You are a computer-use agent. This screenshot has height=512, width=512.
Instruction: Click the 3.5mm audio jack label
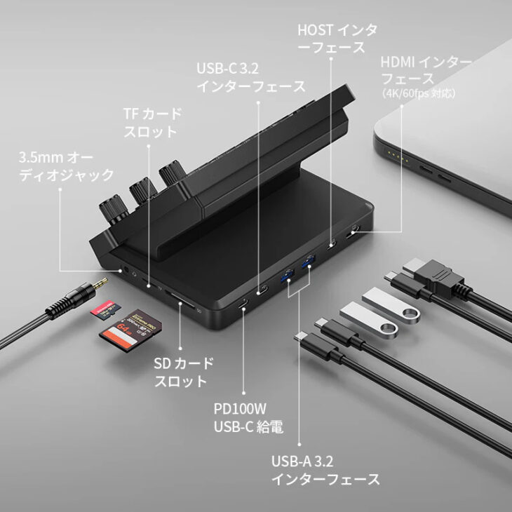pos(66,164)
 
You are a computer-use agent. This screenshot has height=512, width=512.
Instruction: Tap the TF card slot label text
pos(152,122)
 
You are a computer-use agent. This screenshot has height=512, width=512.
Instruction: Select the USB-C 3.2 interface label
pos(250,78)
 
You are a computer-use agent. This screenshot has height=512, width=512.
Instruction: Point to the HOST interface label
pos(337,39)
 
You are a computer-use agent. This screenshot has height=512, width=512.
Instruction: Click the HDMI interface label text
pos(426,70)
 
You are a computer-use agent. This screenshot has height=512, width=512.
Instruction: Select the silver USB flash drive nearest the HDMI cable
pos(392,301)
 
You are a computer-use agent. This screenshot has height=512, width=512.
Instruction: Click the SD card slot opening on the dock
pos(182,306)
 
